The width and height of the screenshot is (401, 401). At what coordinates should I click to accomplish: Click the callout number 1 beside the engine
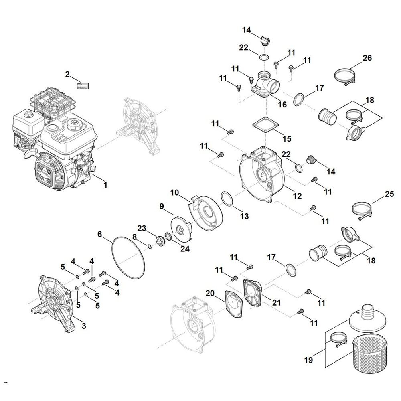tap(105, 185)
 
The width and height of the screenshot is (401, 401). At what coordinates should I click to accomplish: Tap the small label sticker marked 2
tap(83, 85)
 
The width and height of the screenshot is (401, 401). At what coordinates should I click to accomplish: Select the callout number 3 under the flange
tap(83, 326)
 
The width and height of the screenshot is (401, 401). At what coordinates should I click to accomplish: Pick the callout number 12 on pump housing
tap(297, 196)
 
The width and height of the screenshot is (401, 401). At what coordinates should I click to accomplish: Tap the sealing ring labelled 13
tap(227, 199)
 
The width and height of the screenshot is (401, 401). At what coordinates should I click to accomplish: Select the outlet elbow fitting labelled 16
tap(265, 83)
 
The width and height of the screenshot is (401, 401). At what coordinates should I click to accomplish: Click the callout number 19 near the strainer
tap(308, 361)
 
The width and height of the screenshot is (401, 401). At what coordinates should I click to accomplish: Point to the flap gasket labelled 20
tap(233, 300)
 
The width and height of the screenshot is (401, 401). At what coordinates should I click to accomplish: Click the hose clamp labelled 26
tap(344, 75)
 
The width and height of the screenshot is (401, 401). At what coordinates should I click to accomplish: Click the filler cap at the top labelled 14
tap(265, 40)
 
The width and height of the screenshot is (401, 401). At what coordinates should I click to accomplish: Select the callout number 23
tap(142, 228)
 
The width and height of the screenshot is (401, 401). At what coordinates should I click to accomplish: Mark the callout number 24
tap(185, 249)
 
